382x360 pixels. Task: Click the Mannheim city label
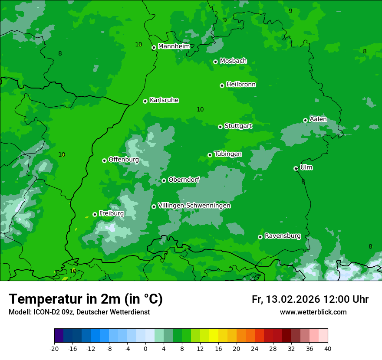[174, 46]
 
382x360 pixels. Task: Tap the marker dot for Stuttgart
[221, 127]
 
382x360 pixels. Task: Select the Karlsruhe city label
[164, 100]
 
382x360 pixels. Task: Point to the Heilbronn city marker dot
[222, 85]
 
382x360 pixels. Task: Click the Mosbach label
[233, 61]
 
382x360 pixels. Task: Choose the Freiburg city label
[111, 213]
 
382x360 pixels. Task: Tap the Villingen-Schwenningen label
[194, 206]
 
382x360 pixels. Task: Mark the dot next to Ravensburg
[260, 237]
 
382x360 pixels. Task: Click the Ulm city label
[306, 167]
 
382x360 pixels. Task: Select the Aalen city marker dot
[306, 120]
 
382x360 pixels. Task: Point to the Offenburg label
[124, 160]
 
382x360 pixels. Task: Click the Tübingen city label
[228, 154]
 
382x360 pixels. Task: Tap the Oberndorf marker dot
[164, 180]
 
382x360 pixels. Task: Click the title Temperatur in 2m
[86, 299]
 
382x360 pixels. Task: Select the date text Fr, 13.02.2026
[286, 299]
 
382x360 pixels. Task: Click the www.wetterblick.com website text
[313, 312]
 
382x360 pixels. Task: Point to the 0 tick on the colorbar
[145, 348]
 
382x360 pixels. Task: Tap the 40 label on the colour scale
[328, 348]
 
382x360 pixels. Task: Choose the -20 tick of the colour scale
[54, 348]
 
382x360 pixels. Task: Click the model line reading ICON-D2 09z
[79, 312]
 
